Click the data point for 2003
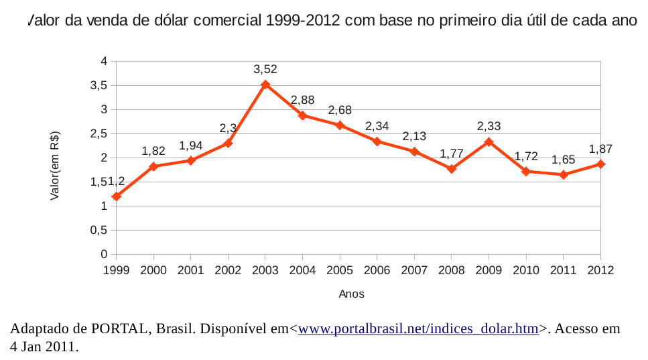pos(265,84)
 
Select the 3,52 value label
pos(265,69)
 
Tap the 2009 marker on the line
pos(489,142)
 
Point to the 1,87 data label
pos(600,149)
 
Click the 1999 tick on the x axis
pos(117,269)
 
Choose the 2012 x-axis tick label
pos(600,269)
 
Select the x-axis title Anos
pos(352,294)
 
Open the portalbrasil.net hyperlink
pos(418,329)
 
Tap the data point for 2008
pos(452,169)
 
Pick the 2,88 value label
pos(303,100)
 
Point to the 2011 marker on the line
pos(564,174)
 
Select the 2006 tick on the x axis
pos(377,269)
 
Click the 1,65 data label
pos(564,160)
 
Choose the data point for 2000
pos(153,166)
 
